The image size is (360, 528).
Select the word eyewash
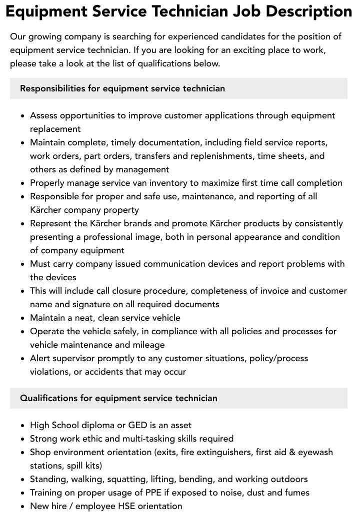pos(315,452)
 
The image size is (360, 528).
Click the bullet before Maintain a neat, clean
pos(22,318)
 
